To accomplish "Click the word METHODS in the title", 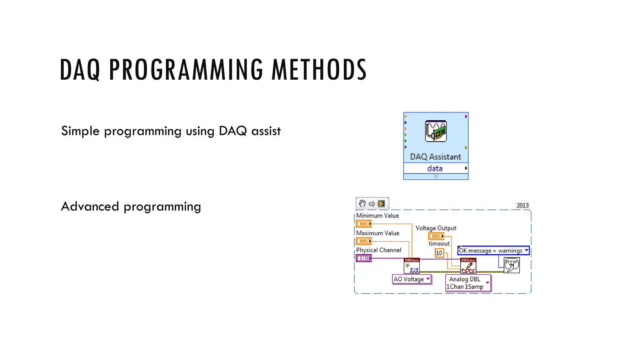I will pyautogui.click(x=319, y=70).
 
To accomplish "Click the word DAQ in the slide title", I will pyautogui.click(x=80, y=70).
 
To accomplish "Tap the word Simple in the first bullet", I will pyautogui.click(x=80, y=131).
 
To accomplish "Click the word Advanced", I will pyautogui.click(x=90, y=207).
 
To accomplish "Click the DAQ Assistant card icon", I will pyautogui.click(x=436, y=131).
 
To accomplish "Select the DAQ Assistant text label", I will pyautogui.click(x=435, y=157).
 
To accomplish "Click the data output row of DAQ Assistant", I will pyautogui.click(x=435, y=168).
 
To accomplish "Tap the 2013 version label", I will pyautogui.click(x=522, y=205).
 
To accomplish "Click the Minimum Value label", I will pyautogui.click(x=377, y=216).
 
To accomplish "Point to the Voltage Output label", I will pyautogui.click(x=436, y=228).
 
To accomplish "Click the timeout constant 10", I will pyautogui.click(x=439, y=253).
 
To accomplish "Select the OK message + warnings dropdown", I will pyautogui.click(x=493, y=251).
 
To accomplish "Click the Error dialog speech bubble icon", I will pyautogui.click(x=512, y=265).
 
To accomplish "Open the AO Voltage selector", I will pyautogui.click(x=412, y=279).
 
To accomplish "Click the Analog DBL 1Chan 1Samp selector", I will pyautogui.click(x=468, y=283).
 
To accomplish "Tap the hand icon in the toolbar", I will pyautogui.click(x=362, y=204).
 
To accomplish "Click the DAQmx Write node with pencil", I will pyautogui.click(x=468, y=266).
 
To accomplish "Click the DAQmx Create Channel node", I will pyautogui.click(x=412, y=266).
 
